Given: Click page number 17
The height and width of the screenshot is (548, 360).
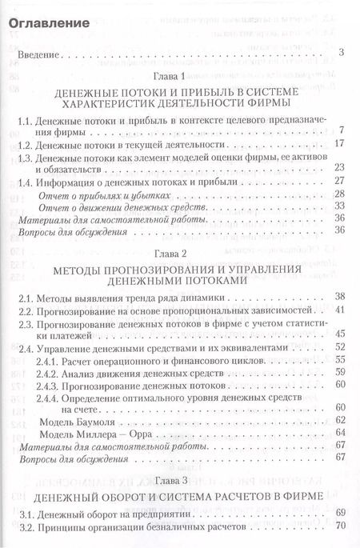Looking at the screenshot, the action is tap(338, 143).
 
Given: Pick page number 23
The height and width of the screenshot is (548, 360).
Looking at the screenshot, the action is tap(338, 166).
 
